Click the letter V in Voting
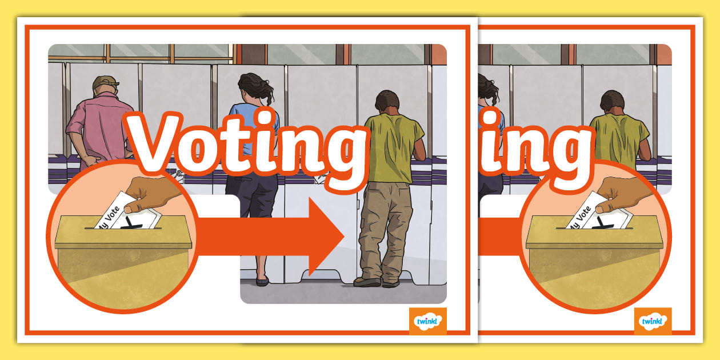(153, 140)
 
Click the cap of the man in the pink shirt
(105, 82)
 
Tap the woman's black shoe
(262, 281)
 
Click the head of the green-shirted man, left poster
(387, 102)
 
